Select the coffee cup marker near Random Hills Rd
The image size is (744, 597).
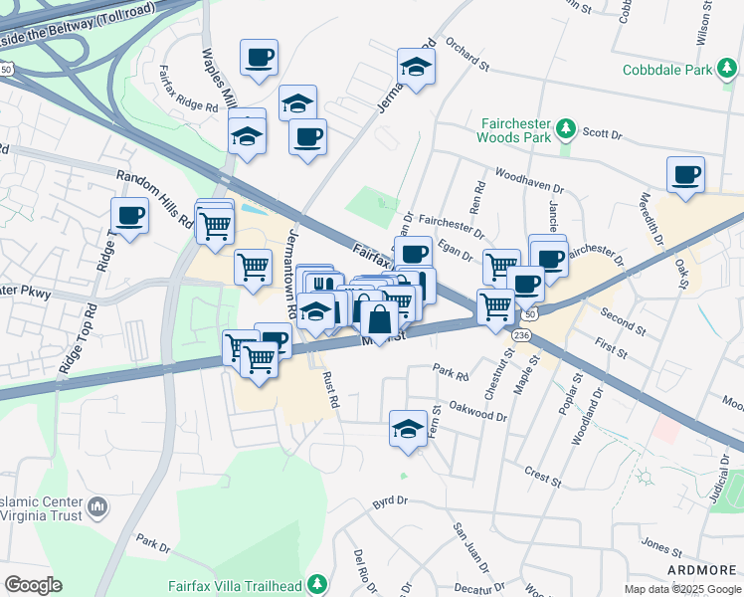129,215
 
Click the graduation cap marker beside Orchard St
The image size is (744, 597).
416,67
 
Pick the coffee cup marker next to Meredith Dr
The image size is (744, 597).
685,174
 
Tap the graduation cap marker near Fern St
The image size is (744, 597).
408,429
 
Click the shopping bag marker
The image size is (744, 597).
379,319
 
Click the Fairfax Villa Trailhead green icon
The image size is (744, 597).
317,582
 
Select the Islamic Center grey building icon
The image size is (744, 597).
97,507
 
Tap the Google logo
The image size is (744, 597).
34,584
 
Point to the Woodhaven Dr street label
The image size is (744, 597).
528,180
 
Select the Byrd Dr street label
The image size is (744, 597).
392,504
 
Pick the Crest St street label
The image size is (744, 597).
542,477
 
